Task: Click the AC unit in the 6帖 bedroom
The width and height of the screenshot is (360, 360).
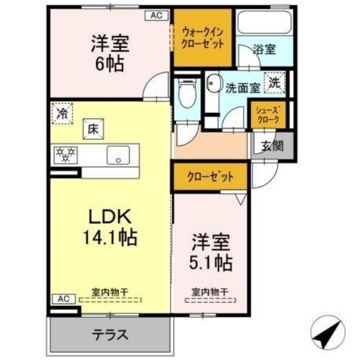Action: [157, 16]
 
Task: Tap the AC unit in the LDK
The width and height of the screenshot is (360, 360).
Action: [64, 299]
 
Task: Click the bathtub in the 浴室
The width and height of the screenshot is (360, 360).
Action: [264, 21]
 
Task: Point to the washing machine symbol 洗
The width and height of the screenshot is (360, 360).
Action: [274, 83]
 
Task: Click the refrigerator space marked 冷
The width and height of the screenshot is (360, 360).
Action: [62, 114]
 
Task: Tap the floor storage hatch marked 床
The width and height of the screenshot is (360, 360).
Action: [93, 129]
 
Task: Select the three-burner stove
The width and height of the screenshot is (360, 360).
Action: [66, 155]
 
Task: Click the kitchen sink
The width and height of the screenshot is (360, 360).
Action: [118, 155]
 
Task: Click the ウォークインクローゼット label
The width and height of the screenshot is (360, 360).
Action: [202, 38]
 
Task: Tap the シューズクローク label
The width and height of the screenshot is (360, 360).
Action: [268, 115]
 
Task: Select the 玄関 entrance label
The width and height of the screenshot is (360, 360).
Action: [272, 146]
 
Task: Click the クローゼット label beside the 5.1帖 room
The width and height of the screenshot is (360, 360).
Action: [210, 177]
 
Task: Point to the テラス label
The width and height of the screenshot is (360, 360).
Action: [110, 335]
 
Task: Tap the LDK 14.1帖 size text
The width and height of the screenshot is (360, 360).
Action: [110, 227]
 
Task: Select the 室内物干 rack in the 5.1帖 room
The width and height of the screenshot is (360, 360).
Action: [210, 300]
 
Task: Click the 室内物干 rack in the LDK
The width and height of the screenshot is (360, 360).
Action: [110, 300]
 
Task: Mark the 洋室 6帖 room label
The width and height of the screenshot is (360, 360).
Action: [110, 53]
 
